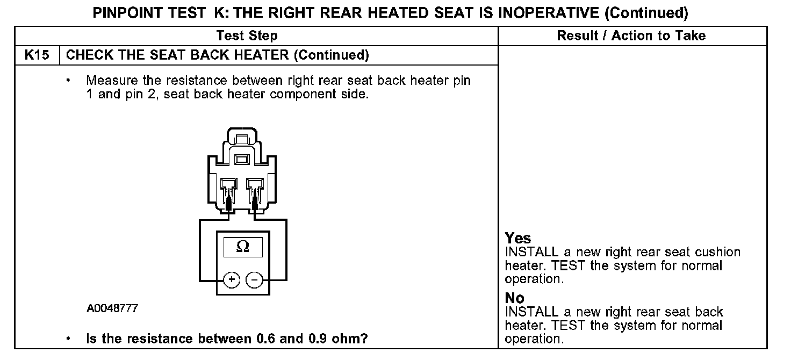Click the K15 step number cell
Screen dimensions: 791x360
pyautogui.click(x=37, y=55)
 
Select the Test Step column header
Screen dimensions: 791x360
pyautogui.click(x=247, y=36)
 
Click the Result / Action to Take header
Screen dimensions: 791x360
pyautogui.click(x=631, y=36)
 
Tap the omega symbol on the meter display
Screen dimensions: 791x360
pyautogui.click(x=243, y=246)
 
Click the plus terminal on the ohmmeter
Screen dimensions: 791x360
pyautogui.click(x=232, y=280)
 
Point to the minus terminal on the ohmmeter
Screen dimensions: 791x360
pyautogui.click(x=254, y=280)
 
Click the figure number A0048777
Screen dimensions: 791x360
pyautogui.click(x=112, y=309)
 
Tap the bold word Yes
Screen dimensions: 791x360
pyautogui.click(x=518, y=239)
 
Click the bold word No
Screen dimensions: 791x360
pyautogui.click(x=515, y=298)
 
